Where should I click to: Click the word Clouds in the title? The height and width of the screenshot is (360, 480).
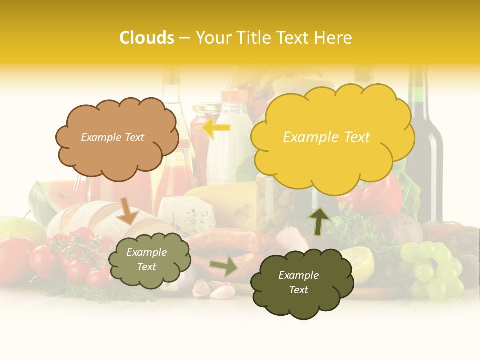pyautogui.click(x=147, y=38)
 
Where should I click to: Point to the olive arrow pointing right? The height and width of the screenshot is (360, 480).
pyautogui.click(x=224, y=266)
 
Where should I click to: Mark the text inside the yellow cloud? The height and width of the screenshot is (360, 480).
pyautogui.click(x=326, y=137)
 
